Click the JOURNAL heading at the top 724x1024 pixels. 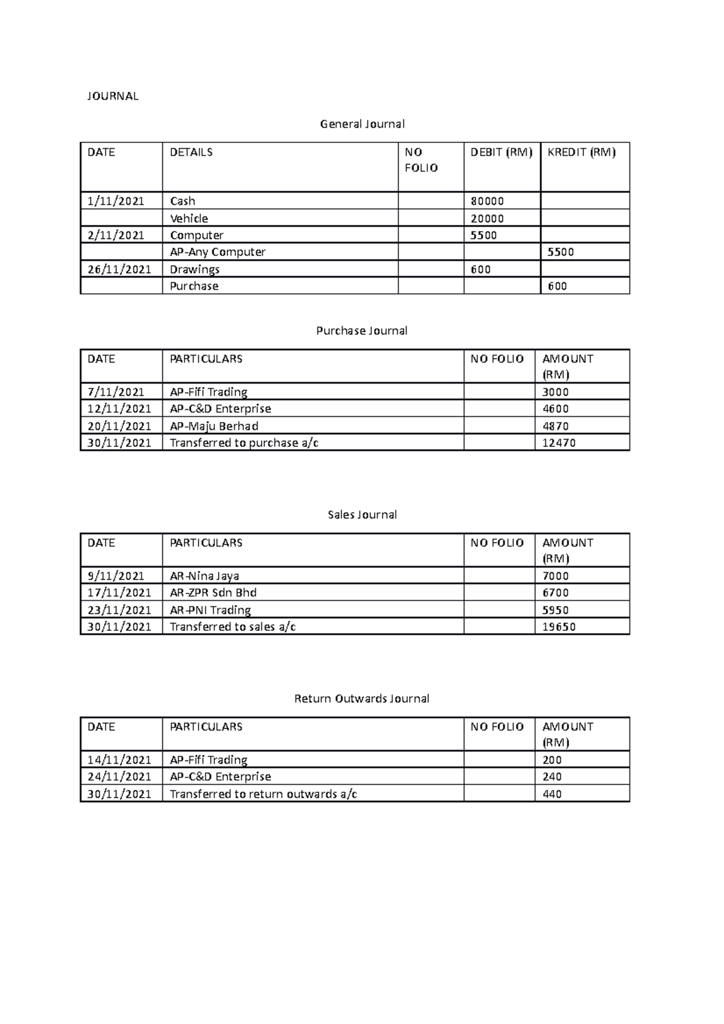pyautogui.click(x=113, y=96)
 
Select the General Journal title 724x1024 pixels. pyautogui.click(x=362, y=124)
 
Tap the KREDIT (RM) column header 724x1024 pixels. pyautogui.click(x=581, y=153)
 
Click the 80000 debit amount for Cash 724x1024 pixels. pyautogui.click(x=487, y=201)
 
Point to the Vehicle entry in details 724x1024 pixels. pyautogui.click(x=189, y=218)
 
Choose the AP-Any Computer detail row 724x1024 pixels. pyautogui.click(x=217, y=252)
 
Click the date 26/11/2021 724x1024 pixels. pyautogui.click(x=119, y=270)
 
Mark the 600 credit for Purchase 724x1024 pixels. pyautogui.click(x=557, y=286)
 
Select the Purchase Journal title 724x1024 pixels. pyautogui.click(x=362, y=331)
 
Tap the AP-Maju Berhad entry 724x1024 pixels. pyautogui.click(x=214, y=426)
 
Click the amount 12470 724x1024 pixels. pyautogui.click(x=559, y=443)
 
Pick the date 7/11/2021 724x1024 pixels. pyautogui.click(x=116, y=392)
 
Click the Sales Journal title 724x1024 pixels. pyautogui.click(x=362, y=515)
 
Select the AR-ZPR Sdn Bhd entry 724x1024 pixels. pyautogui.click(x=213, y=593)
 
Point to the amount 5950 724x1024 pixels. pyautogui.click(x=555, y=610)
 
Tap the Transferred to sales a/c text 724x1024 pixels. pyautogui.click(x=232, y=627)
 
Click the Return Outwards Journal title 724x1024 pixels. pyautogui.click(x=362, y=699)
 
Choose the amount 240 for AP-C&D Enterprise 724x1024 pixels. pyautogui.click(x=551, y=777)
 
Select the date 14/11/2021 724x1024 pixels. pyautogui.click(x=119, y=760)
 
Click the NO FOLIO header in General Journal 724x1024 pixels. pyautogui.click(x=421, y=160)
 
